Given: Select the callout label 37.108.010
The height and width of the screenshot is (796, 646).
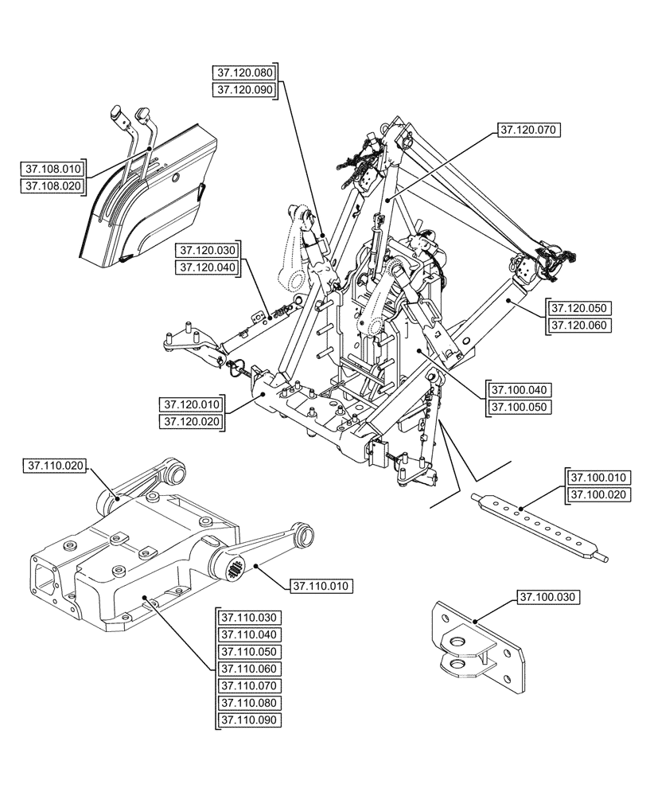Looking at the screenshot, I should pos(53,169).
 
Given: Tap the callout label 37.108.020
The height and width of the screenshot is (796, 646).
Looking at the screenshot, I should pos(53,186).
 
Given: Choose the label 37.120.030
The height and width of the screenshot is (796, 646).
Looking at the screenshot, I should pos(208,251).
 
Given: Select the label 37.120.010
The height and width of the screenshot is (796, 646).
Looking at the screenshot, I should pos(192,404).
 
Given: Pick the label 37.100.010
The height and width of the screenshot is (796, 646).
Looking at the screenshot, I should pos(599,478).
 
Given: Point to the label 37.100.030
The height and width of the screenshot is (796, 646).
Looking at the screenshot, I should pos(550,596).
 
